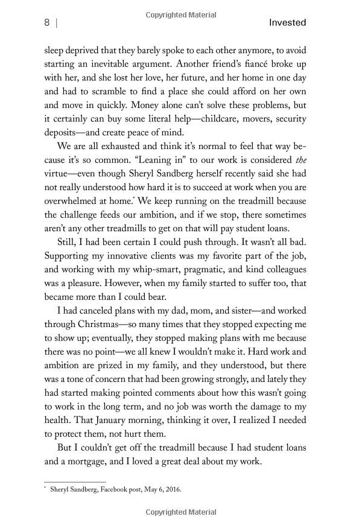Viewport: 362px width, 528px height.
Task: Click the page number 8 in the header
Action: (x=46, y=23)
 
